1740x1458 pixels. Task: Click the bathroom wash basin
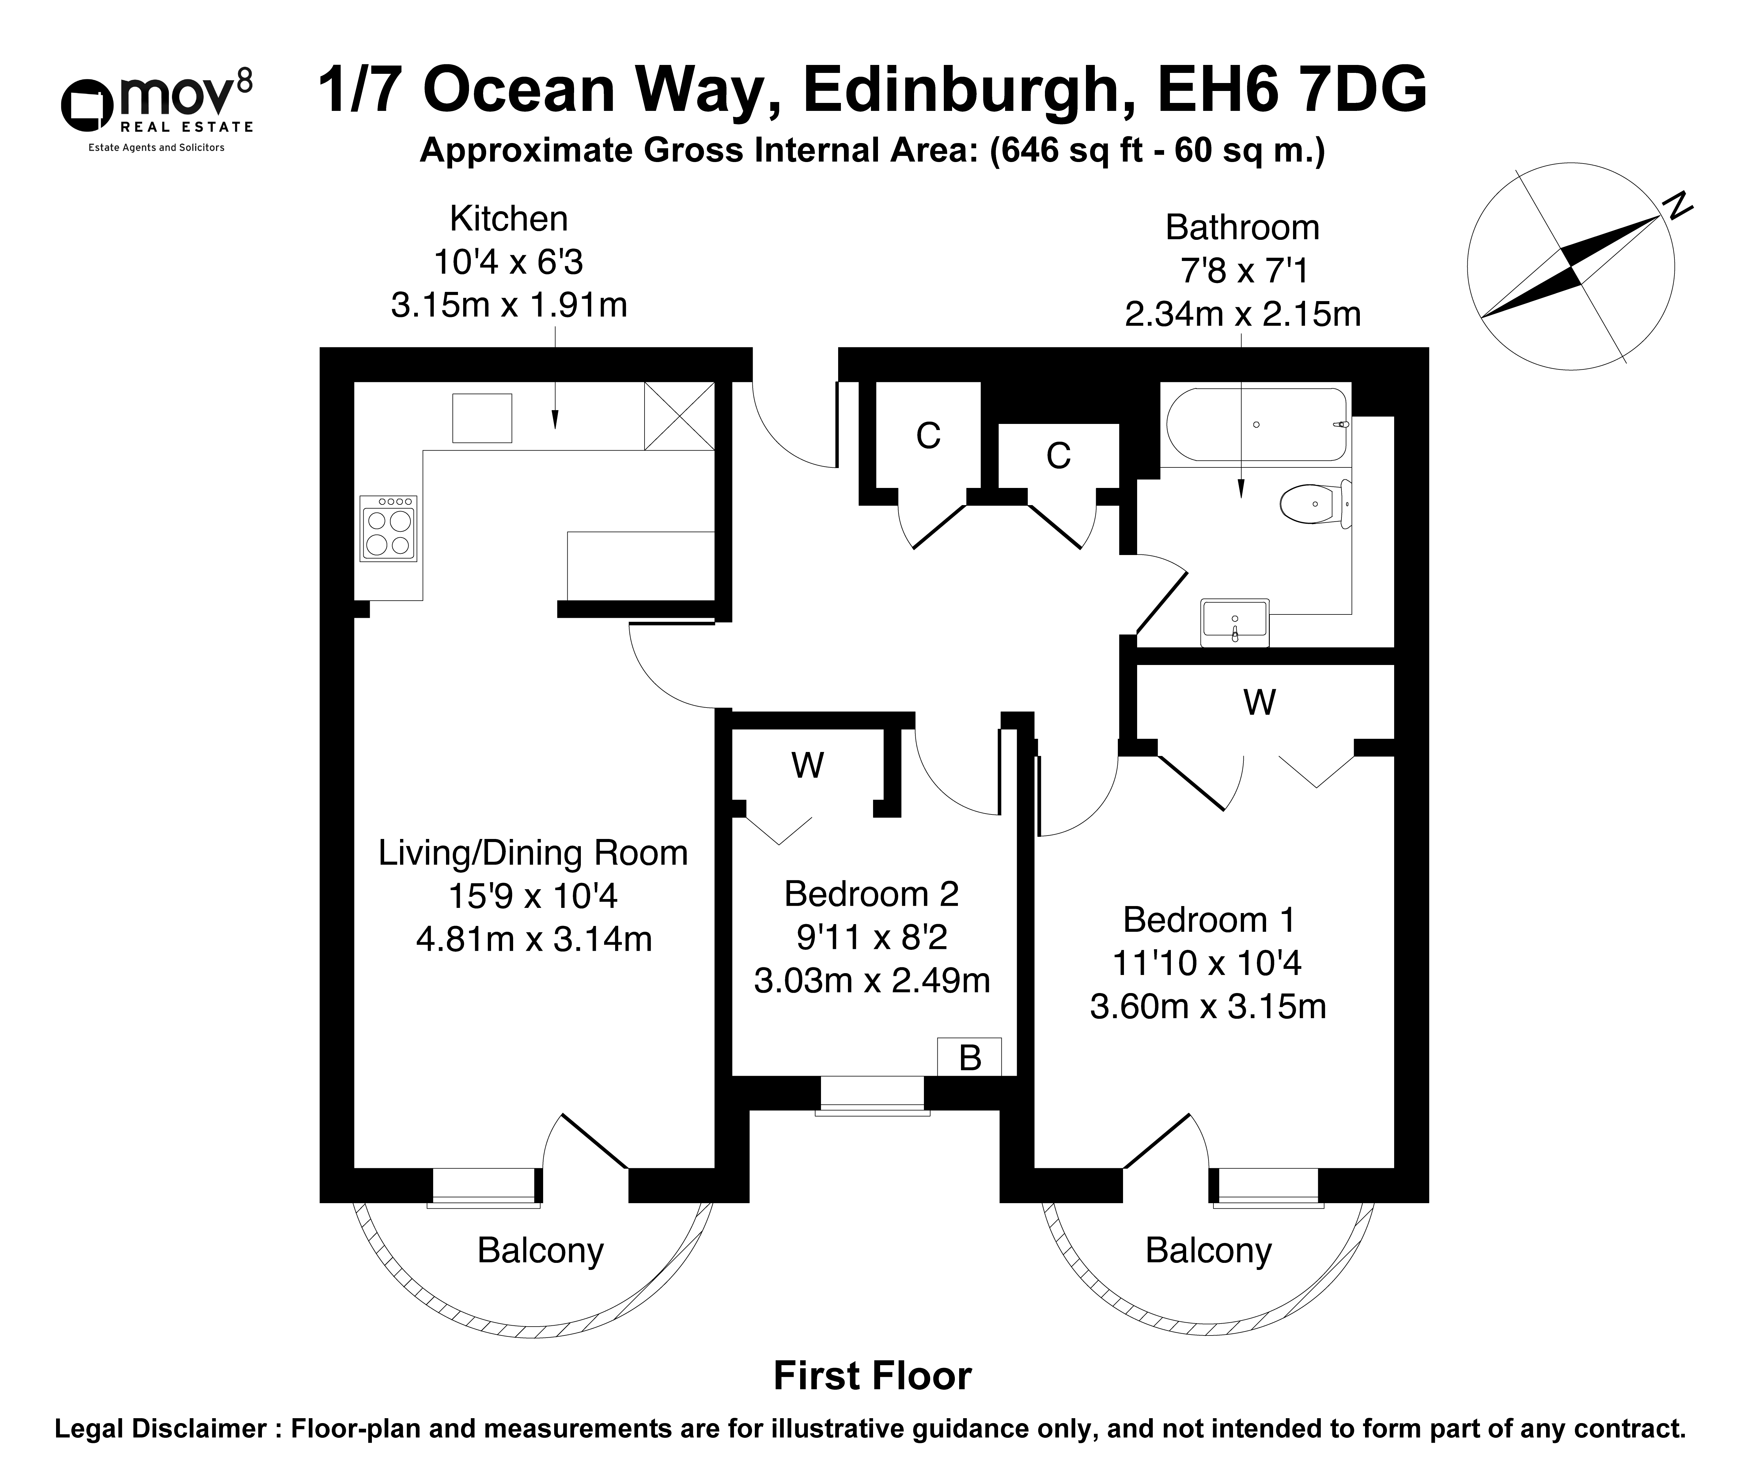tap(1235, 622)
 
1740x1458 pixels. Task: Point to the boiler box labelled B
tap(970, 1057)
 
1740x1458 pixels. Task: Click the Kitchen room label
tap(509, 219)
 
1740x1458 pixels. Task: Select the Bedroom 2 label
tap(872, 894)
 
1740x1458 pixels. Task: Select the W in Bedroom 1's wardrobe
tap(1259, 702)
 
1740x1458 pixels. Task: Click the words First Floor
tap(872, 1376)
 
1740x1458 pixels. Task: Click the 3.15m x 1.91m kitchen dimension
tap(509, 306)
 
